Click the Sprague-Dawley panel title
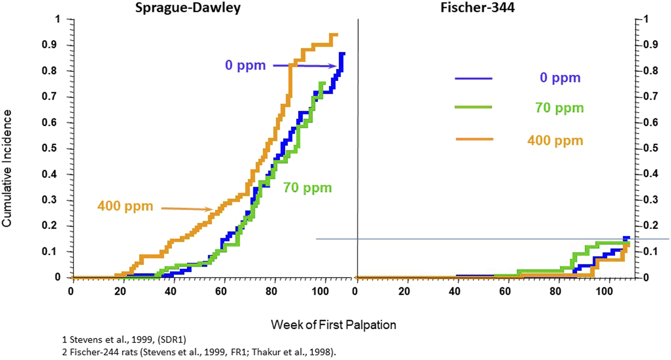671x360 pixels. click(x=188, y=8)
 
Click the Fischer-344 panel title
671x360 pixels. click(x=477, y=8)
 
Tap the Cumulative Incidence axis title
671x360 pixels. click(x=7, y=168)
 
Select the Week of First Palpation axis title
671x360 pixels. click(x=333, y=325)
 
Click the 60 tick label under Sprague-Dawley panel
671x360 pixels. click(x=221, y=291)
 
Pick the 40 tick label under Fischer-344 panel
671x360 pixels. click(x=455, y=291)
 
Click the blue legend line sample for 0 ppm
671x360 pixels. click(x=473, y=78)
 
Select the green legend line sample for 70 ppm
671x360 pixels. click(x=473, y=107)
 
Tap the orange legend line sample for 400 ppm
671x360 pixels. click(x=474, y=139)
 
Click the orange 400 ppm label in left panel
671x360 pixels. click(x=125, y=206)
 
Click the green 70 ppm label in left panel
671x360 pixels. click(x=307, y=188)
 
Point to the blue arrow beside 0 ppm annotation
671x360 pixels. click(x=305, y=66)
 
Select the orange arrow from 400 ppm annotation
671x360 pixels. click(x=187, y=209)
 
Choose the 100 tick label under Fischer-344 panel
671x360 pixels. click(x=604, y=291)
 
